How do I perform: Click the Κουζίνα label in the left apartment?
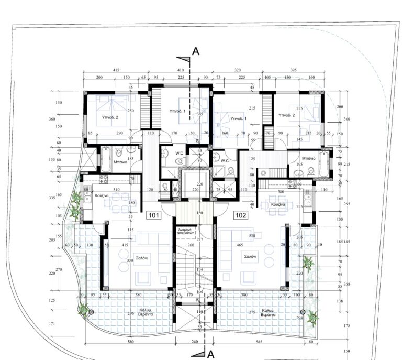click(x=102, y=195)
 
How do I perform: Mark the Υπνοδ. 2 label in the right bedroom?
click(x=287, y=115)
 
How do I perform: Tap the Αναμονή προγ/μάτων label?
click(x=187, y=232)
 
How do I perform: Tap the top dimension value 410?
click(x=181, y=69)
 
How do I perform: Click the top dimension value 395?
click(x=293, y=69)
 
